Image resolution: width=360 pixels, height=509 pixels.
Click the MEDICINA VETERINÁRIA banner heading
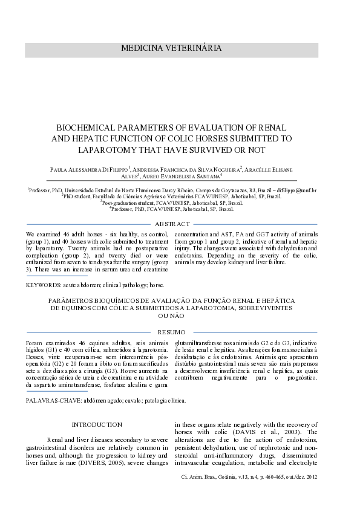coord(180,48)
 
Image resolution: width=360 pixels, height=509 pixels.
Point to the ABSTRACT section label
coord(180,224)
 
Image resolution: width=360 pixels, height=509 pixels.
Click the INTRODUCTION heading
coord(97,424)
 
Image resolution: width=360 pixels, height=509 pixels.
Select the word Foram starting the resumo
coord(35,341)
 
